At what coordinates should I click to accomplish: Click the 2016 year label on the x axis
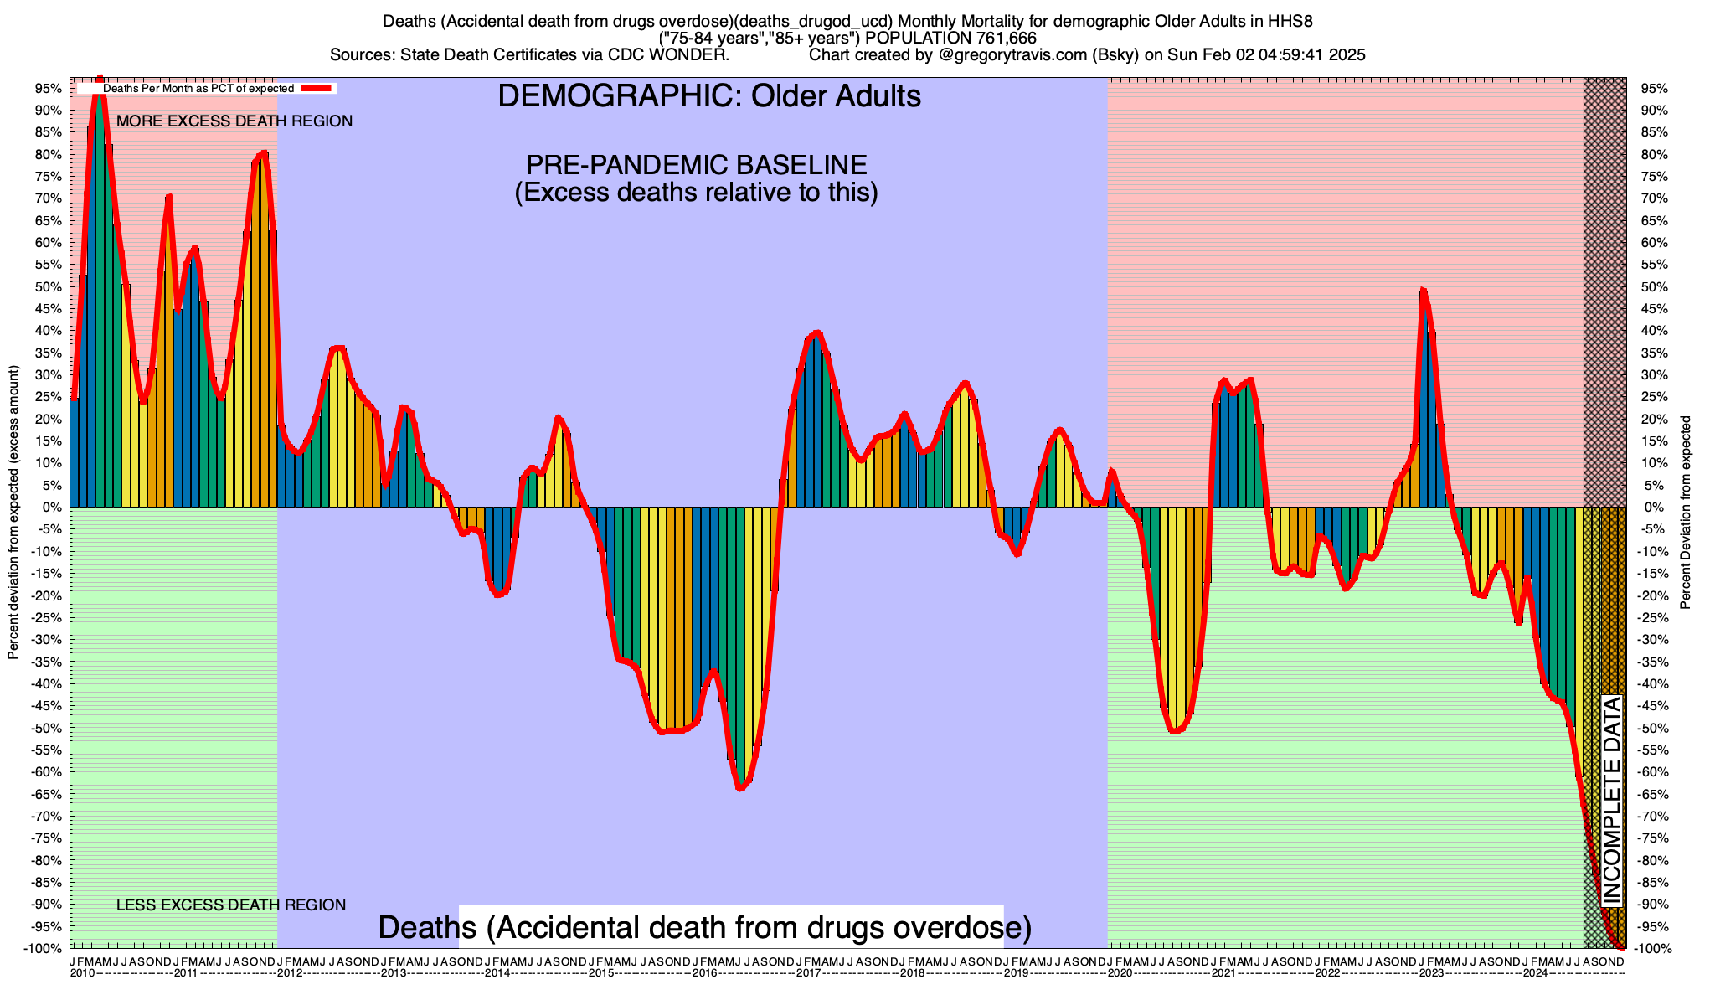[x=704, y=973]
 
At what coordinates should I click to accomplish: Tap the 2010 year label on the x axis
[x=82, y=973]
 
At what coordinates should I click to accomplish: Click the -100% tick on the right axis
[x=1645, y=948]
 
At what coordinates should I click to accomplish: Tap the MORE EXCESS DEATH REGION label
[x=234, y=121]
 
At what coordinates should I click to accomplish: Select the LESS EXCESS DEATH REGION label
[x=230, y=905]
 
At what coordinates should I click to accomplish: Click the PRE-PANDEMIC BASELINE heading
[x=696, y=164]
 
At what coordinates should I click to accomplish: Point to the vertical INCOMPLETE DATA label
[x=1611, y=801]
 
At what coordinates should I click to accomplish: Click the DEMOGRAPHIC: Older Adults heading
[x=709, y=96]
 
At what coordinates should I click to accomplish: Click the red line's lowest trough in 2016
[x=740, y=788]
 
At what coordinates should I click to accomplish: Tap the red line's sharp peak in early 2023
[x=1423, y=291]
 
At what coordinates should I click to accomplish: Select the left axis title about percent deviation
[x=13, y=513]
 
